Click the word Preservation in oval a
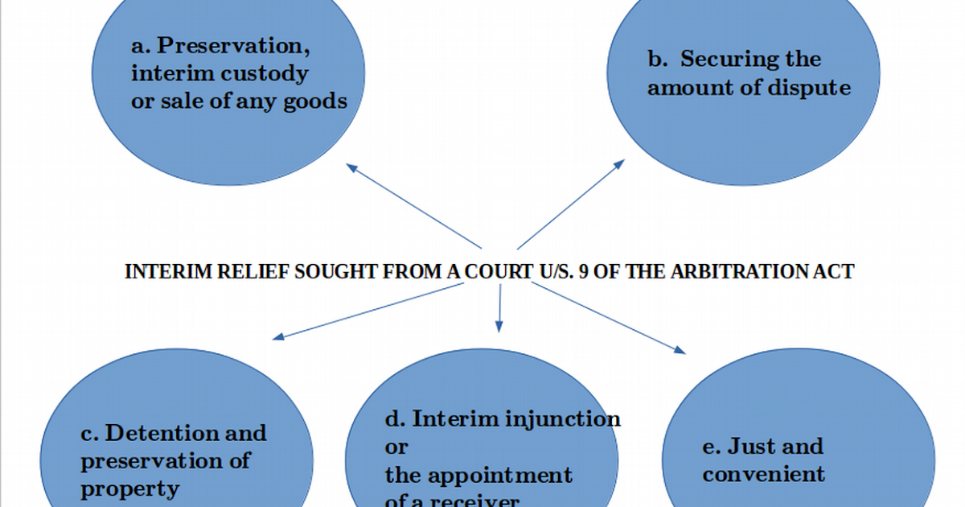point(233,47)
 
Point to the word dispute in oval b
point(808,87)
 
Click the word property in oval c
point(129,488)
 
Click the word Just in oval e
point(751,447)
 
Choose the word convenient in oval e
point(763,474)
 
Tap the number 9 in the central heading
point(582,272)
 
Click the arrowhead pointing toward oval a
point(351,167)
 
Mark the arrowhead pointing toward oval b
point(619,163)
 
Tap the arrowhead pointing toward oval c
point(277,336)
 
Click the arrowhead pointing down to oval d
point(499,326)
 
